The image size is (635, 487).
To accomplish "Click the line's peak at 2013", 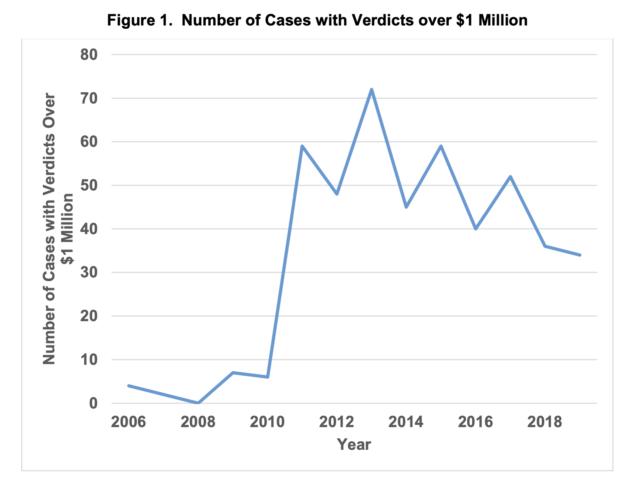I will [371, 89].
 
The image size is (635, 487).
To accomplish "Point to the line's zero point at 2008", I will [198, 403].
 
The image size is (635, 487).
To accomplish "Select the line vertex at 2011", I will [302, 146].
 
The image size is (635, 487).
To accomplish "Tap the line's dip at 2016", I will [476, 229].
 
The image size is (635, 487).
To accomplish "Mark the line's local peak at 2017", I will [510, 177].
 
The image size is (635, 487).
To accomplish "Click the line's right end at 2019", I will [580, 255].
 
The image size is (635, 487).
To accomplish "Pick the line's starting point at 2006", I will [129, 385].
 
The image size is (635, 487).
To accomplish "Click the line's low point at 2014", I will [406, 207].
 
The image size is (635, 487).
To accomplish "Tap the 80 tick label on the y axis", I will [89, 55].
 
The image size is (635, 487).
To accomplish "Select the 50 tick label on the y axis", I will [89, 185].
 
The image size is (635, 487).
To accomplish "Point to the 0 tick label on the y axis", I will [94, 403].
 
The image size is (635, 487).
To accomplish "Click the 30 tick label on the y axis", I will [89, 273].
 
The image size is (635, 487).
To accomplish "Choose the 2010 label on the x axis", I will [267, 422].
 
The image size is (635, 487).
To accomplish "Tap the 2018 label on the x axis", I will [545, 422].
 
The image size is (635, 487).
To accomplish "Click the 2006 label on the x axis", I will [129, 422].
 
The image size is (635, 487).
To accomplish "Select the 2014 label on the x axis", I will [406, 422].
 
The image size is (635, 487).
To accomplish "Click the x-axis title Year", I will [354, 445].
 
